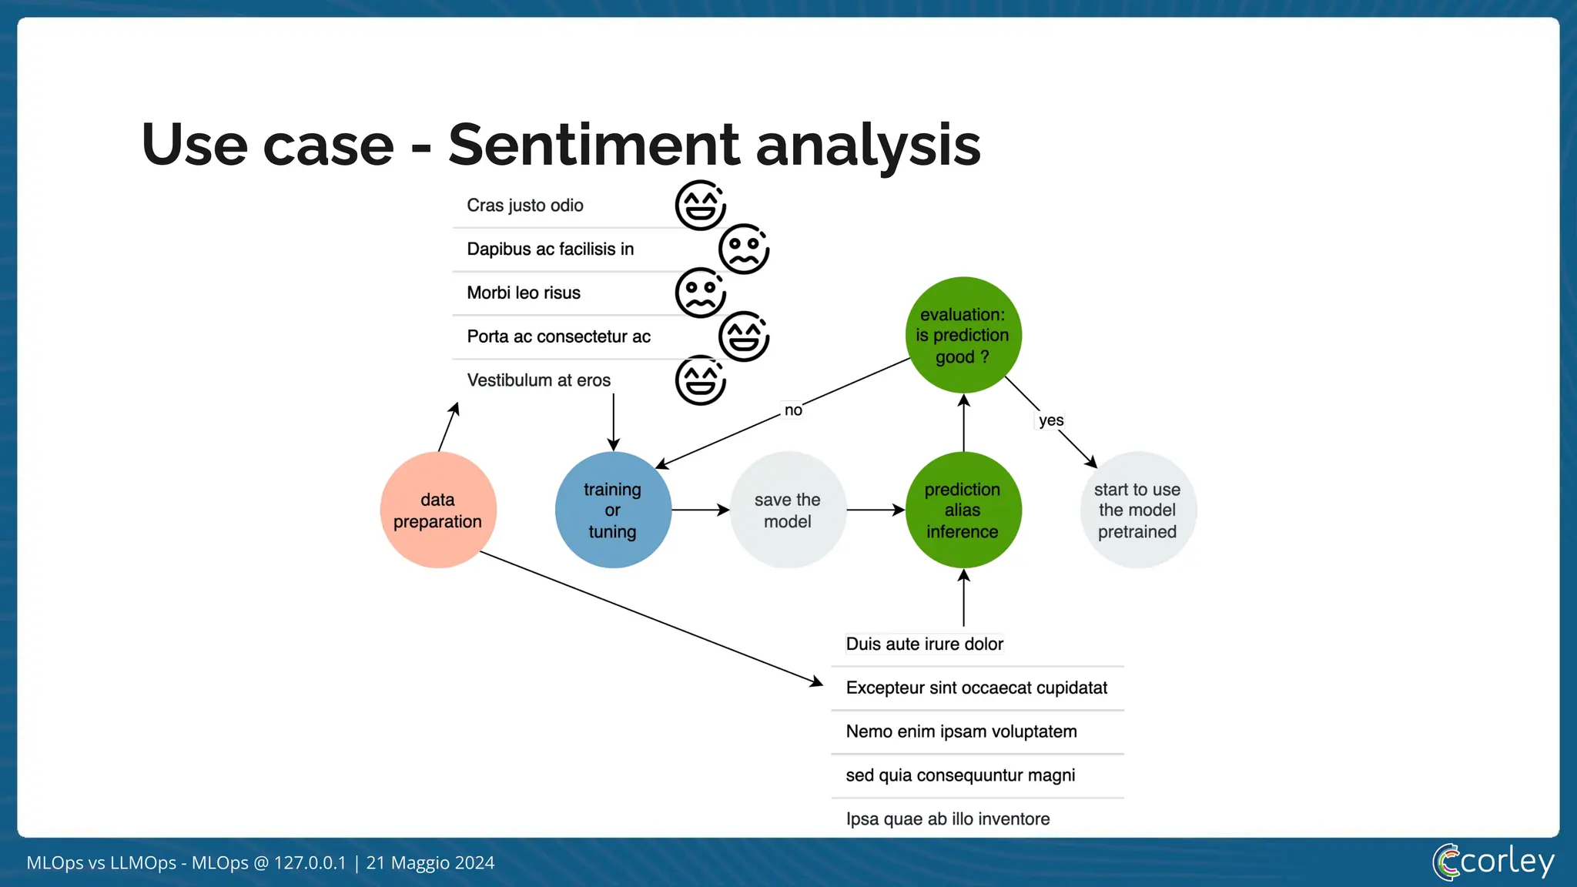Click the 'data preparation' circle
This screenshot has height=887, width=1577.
pyautogui.click(x=438, y=510)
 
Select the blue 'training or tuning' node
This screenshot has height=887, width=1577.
pyautogui.click(x=613, y=510)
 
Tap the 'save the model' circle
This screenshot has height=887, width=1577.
pyautogui.click(x=788, y=510)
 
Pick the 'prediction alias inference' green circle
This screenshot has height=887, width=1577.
pyautogui.click(x=963, y=510)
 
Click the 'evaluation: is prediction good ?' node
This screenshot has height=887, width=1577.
pyautogui.click(x=963, y=336)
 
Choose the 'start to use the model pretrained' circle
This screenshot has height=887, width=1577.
pyautogui.click(x=1137, y=510)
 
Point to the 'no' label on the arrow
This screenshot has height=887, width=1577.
pyautogui.click(x=793, y=410)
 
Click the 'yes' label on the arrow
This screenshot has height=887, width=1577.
pyautogui.click(x=1051, y=420)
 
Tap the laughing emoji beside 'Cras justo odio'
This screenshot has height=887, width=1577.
pyautogui.click(x=701, y=206)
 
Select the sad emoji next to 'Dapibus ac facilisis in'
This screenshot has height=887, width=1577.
pyautogui.click(x=744, y=249)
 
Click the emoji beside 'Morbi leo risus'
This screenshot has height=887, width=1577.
pyautogui.click(x=701, y=293)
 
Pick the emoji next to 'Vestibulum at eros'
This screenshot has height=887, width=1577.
pyautogui.click(x=701, y=380)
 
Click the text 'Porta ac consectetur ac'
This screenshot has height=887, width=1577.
pyautogui.click(x=558, y=336)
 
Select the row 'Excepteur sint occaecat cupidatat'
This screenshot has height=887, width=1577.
pyautogui.click(x=976, y=688)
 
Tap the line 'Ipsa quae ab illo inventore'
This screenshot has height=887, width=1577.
pyautogui.click(x=948, y=818)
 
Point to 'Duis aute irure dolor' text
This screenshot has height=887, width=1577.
pyautogui.click(x=924, y=644)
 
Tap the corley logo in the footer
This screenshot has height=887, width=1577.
pyautogui.click(x=1493, y=862)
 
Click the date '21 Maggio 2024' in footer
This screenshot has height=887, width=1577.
pyautogui.click(x=430, y=862)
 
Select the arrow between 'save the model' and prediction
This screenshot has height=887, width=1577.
pyautogui.click(x=876, y=510)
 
